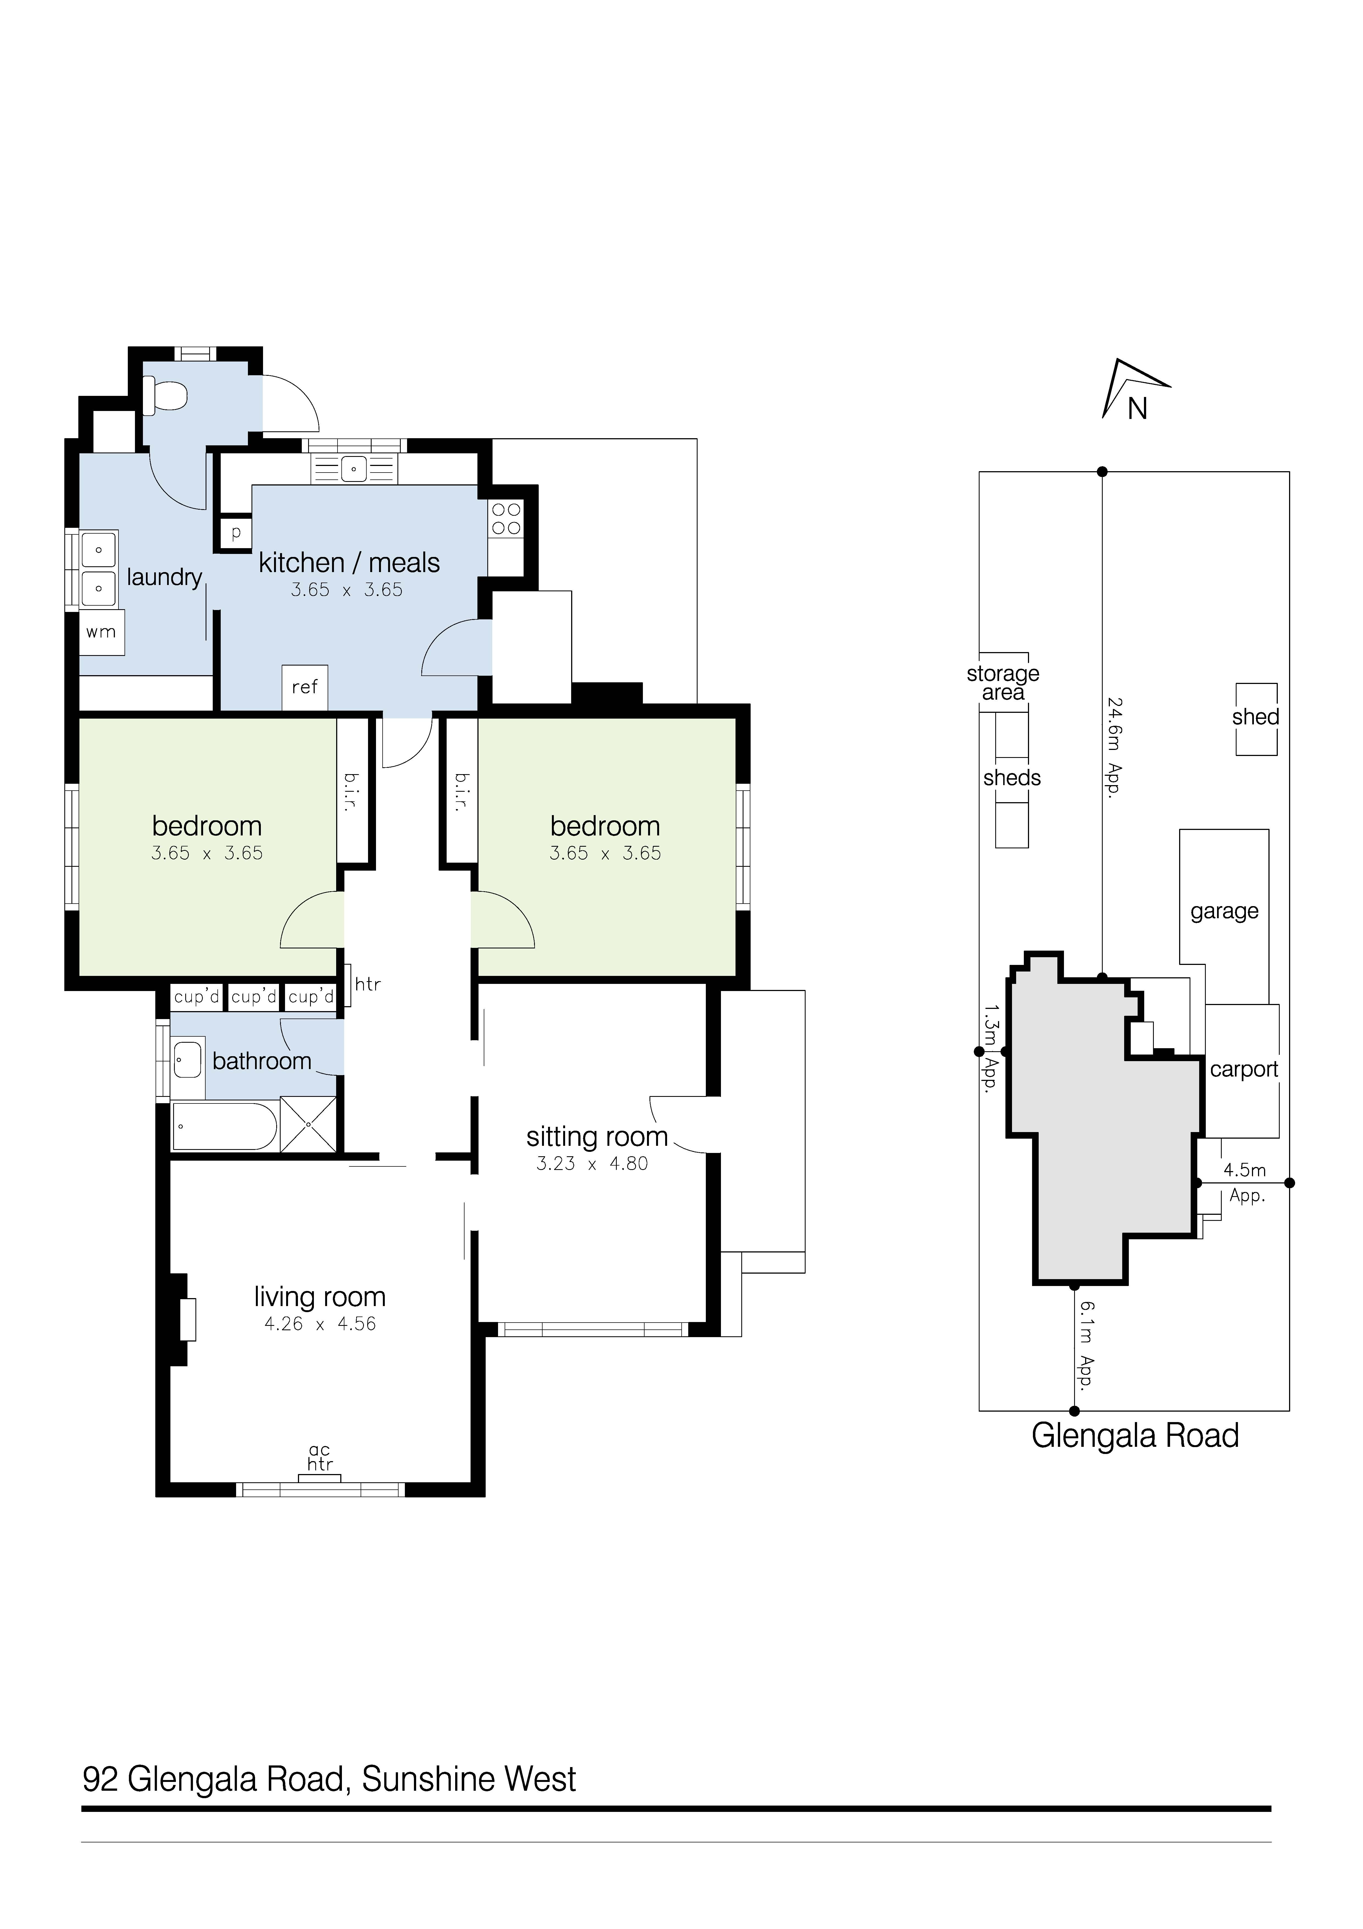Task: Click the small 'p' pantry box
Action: click(x=236, y=532)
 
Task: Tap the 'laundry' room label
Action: click(x=165, y=577)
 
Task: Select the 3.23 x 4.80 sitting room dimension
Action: click(x=592, y=1164)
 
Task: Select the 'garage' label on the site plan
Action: click(x=1224, y=912)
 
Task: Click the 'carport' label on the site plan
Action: click(x=1244, y=1070)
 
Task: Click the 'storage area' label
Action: click(x=1003, y=683)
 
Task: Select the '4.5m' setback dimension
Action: click(x=1245, y=1169)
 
